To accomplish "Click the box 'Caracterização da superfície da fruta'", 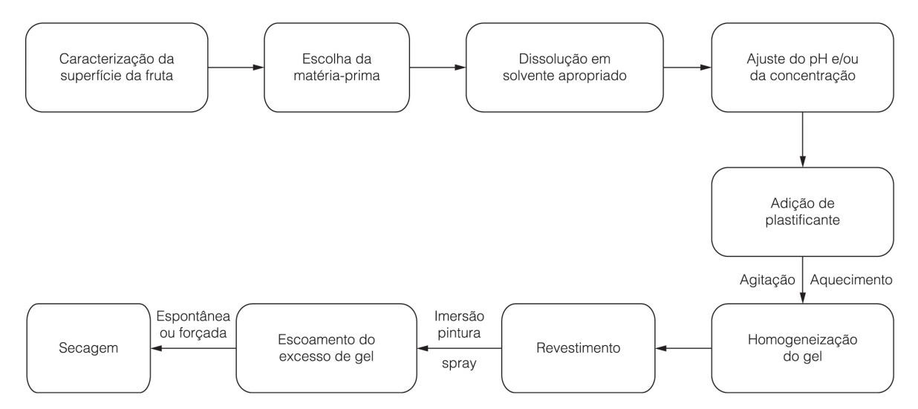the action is pyautogui.click(x=117, y=68).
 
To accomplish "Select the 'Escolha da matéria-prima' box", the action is pyautogui.click(x=337, y=68).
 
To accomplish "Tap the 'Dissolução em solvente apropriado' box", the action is pyautogui.click(x=564, y=68).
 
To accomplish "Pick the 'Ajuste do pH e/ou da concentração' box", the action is pyautogui.click(x=802, y=68).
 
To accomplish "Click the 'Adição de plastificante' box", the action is pyautogui.click(x=802, y=212).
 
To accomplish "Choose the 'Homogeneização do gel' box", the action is pyautogui.click(x=802, y=348).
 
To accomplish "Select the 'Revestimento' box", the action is pyautogui.click(x=579, y=348).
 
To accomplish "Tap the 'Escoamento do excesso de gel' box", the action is pyautogui.click(x=326, y=348).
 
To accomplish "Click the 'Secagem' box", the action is pyautogui.click(x=88, y=348).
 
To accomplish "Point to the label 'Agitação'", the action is pyautogui.click(x=767, y=280).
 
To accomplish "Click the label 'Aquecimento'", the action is pyautogui.click(x=851, y=280).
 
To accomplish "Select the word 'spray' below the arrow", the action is pyautogui.click(x=459, y=364).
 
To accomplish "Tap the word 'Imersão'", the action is pyautogui.click(x=459, y=316).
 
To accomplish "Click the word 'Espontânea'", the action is pyautogui.click(x=193, y=316).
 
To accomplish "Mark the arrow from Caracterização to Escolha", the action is pyautogui.click(x=236, y=68).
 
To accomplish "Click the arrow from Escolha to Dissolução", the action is pyautogui.click(x=437, y=68).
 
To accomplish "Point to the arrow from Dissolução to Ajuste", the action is pyautogui.click(x=687, y=68).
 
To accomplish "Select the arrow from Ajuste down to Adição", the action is pyautogui.click(x=802, y=140).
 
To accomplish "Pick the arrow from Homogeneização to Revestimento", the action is pyautogui.click(x=683, y=348).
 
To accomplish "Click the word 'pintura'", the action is pyautogui.click(x=459, y=333).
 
